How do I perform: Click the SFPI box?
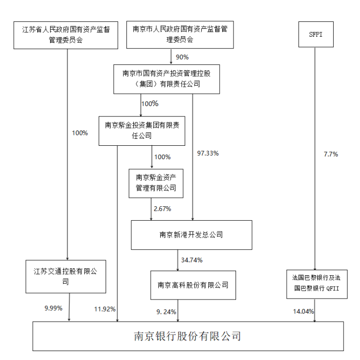[315, 34]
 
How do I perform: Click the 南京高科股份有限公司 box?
[193, 285]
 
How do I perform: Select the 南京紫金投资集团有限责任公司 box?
[142, 130]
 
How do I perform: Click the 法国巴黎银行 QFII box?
[313, 284]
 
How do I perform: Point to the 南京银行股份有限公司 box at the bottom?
[187, 336]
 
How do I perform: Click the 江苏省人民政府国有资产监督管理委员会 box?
[66, 34]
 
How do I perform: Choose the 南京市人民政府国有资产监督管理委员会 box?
[180, 34]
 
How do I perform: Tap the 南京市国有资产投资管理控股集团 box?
[160, 79]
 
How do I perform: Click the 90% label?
[182, 57]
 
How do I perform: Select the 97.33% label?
[208, 153]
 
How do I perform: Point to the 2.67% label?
[162, 209]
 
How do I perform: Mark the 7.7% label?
[331, 154]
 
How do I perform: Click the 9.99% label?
[53, 308]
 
